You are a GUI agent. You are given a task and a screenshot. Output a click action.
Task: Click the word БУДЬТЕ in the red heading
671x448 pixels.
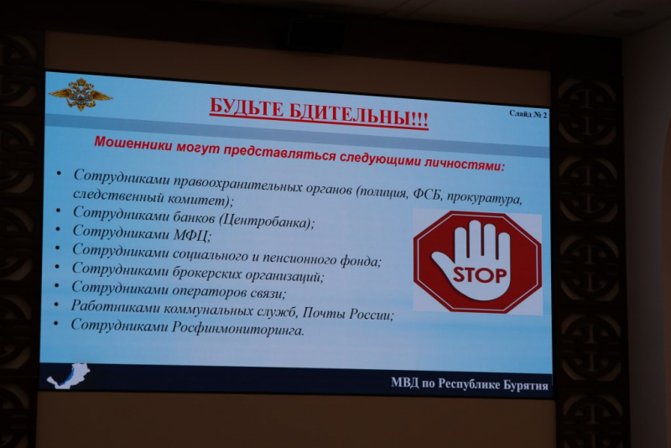[246, 109]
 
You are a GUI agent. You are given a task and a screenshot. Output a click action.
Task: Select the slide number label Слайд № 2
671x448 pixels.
[528, 114]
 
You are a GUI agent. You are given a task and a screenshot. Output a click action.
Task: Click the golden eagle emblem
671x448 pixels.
[80, 94]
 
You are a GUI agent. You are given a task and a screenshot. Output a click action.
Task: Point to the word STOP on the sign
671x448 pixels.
[479, 274]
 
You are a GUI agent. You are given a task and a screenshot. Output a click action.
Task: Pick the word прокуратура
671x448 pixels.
[485, 198]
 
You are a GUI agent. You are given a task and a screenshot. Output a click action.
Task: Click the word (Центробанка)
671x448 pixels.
[267, 221]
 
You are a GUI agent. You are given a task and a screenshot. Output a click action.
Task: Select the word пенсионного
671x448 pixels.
[299, 258]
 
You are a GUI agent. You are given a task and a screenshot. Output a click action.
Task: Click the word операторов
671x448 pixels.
[206, 290]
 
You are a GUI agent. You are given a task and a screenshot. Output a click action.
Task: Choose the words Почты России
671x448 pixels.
[347, 314]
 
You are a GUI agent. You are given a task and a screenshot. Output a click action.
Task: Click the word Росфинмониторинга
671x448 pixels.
[238, 329]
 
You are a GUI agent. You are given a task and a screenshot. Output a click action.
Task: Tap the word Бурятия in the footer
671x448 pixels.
[526, 385]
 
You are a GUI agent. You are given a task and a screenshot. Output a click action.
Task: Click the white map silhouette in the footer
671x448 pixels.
[69, 375]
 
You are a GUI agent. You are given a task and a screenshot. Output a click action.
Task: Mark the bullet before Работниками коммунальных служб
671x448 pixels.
[56, 304]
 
